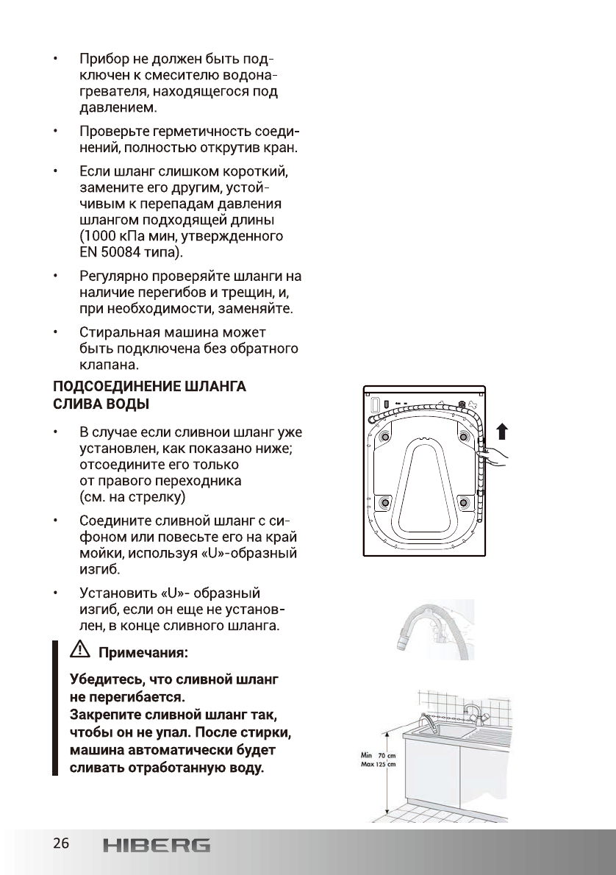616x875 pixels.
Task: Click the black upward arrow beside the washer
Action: (502, 430)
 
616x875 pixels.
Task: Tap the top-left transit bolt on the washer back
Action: (384, 438)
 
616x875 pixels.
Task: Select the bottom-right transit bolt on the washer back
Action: (463, 502)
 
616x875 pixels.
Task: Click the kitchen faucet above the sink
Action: (475, 712)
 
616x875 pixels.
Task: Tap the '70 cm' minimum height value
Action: (387, 755)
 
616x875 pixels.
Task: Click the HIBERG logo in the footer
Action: (156, 845)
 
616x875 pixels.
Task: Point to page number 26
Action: (60, 843)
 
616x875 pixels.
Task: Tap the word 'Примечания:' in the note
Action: (143, 652)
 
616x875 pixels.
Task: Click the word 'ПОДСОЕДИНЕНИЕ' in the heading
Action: (123, 387)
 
